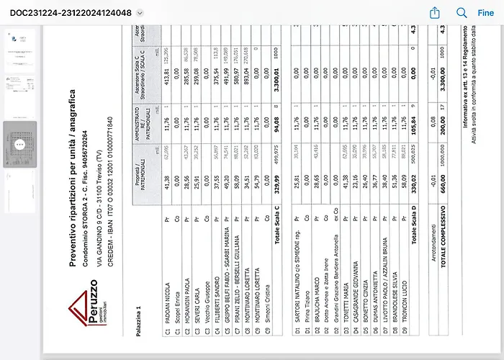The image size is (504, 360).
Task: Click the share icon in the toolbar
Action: coord(435,13)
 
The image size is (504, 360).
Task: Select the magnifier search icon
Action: coord(462,13)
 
